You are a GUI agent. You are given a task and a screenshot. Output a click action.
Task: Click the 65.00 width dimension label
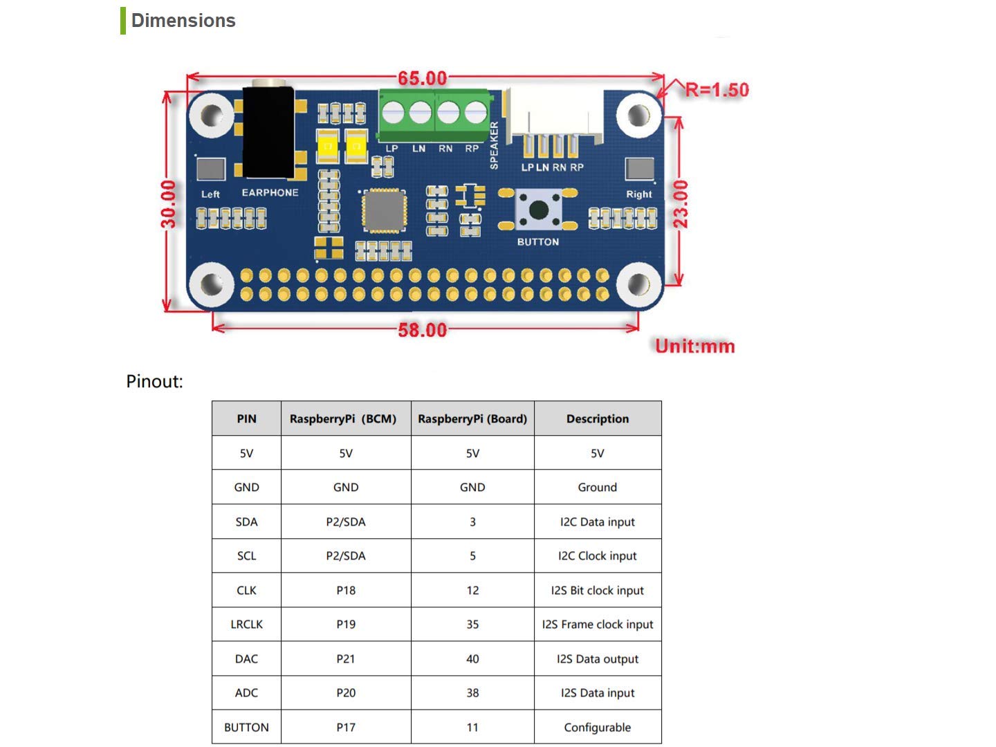tap(423, 78)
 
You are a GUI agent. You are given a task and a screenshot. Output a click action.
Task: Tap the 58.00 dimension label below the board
tap(423, 330)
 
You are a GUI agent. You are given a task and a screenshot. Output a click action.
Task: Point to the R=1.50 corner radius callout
tap(717, 90)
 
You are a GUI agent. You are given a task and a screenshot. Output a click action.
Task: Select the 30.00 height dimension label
tap(168, 203)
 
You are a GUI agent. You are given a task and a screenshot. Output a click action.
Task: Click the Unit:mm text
tap(694, 346)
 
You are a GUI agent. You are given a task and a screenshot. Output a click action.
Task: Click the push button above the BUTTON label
tap(539, 210)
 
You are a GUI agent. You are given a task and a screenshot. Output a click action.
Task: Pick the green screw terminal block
tap(434, 116)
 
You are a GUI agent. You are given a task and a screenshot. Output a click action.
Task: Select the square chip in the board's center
tap(384, 211)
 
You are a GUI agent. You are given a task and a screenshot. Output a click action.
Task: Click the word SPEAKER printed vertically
tap(494, 145)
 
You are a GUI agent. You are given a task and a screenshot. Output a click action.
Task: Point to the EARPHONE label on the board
tap(270, 193)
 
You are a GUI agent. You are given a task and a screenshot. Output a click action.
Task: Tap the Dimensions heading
tap(183, 21)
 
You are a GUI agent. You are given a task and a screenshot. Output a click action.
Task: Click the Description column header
tap(598, 418)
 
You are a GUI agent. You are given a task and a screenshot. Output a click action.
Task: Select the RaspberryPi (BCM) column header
tap(343, 418)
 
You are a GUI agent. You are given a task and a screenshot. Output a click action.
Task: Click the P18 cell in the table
tap(346, 590)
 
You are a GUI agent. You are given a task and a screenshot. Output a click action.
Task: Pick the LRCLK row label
tap(246, 624)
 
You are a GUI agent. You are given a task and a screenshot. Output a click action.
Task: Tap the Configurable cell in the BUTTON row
tap(597, 727)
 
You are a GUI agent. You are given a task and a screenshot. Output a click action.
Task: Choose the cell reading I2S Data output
tap(597, 658)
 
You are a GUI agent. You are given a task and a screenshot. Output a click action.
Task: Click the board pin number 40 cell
tap(472, 658)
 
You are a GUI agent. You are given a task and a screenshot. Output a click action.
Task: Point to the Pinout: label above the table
tap(154, 381)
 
